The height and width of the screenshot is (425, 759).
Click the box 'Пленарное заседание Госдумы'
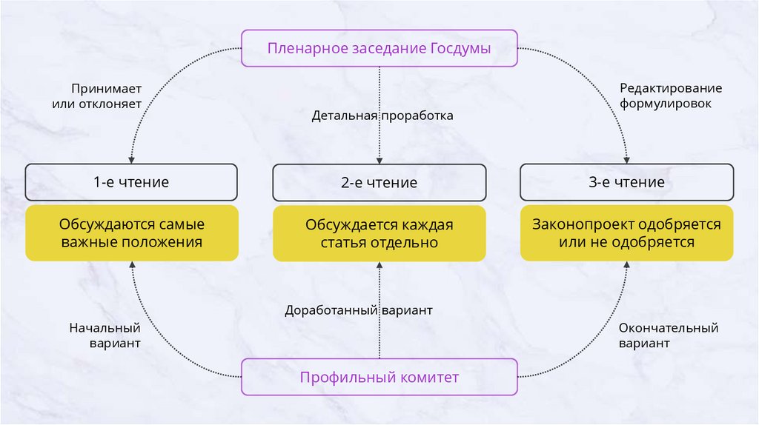coord(379,49)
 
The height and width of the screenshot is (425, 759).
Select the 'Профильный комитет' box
coord(379,378)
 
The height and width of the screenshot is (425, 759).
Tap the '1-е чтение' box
coord(131,182)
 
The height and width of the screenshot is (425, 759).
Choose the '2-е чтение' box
coord(379,182)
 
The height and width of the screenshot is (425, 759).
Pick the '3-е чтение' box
coord(626,182)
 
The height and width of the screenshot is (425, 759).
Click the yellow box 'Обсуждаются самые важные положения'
coord(131,233)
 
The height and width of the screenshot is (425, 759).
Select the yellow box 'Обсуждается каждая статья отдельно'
coord(379,233)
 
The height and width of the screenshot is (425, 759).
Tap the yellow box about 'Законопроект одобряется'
coord(626,233)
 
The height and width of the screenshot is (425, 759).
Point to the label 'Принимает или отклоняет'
coord(97,96)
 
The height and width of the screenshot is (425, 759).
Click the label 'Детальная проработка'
coord(382,116)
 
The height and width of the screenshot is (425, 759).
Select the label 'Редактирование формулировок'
coord(670,96)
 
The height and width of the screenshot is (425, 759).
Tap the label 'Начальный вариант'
coord(105,335)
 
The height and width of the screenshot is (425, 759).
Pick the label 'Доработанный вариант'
coord(359,311)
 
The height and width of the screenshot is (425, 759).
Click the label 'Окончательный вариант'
coord(668,335)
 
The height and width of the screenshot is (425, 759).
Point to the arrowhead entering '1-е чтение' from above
coord(131,159)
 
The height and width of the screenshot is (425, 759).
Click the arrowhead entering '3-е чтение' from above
coord(627,159)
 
